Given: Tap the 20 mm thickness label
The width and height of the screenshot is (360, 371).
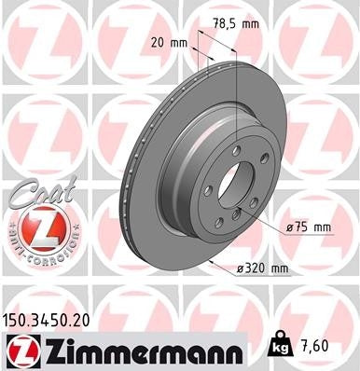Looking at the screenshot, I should pyautogui.click(x=165, y=43).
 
